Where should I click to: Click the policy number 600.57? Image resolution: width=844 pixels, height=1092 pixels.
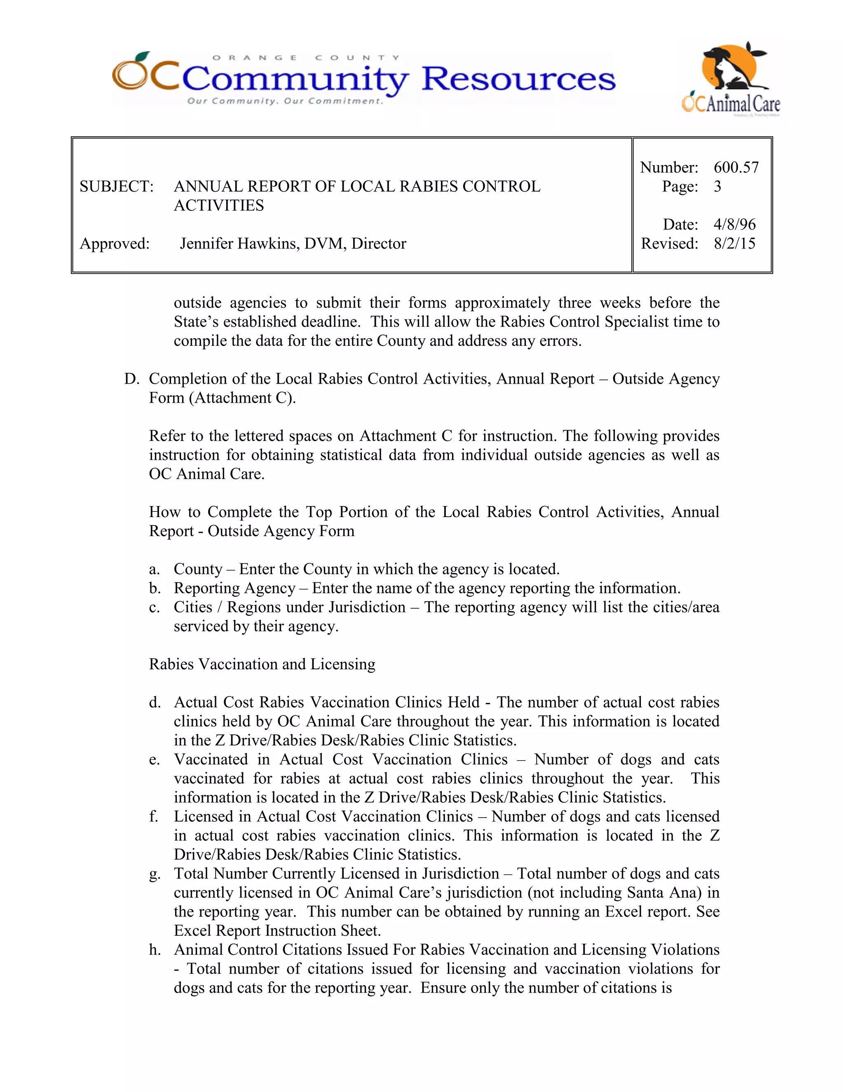pos(736,167)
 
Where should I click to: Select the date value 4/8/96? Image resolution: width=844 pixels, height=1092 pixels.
pos(734,224)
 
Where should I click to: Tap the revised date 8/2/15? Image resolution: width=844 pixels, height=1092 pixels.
pos(734,244)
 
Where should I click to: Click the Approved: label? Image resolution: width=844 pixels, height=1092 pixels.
pos(115,244)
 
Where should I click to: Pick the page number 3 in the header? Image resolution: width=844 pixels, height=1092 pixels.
pos(717,187)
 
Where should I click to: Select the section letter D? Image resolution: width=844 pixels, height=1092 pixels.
pos(131,379)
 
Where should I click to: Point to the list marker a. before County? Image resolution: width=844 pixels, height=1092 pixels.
pos(155,569)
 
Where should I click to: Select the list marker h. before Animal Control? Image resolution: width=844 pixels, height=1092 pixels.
pos(155,950)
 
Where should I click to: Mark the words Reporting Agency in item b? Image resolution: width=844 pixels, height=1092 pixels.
pos(234,588)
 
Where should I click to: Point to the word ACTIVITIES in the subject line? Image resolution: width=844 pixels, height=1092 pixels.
pos(219,206)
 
